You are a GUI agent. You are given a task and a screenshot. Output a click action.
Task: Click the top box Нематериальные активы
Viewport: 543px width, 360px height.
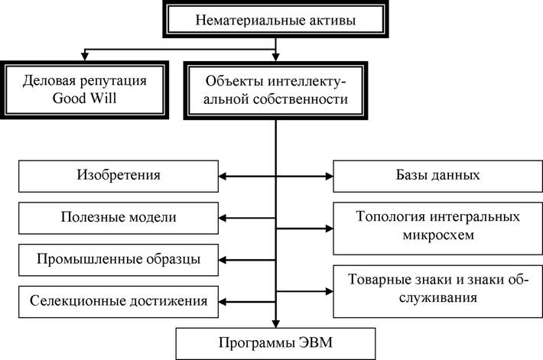click(275, 19)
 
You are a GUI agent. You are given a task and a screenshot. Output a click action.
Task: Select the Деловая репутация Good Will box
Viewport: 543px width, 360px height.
click(84, 90)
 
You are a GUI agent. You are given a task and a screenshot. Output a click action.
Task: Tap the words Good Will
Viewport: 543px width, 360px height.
click(84, 99)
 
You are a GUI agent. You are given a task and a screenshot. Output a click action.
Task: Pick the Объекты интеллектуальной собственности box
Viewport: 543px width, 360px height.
click(275, 91)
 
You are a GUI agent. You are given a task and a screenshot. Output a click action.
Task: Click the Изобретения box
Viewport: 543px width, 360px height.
click(119, 177)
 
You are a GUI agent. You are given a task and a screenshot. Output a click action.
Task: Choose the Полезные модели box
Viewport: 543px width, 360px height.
click(119, 218)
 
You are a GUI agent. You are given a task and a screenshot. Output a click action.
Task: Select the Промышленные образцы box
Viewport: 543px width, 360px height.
click(119, 260)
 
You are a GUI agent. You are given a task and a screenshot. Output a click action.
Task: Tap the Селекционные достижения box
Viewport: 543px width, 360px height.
click(119, 302)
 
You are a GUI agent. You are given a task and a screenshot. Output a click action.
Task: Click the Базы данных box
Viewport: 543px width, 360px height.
click(437, 177)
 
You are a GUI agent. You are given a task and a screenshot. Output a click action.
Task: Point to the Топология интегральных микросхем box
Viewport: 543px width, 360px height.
click(437, 229)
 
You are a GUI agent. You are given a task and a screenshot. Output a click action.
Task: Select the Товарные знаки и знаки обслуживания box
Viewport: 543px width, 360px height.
click(437, 291)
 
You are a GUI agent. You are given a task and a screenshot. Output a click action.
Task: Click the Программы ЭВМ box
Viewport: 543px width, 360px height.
click(275, 344)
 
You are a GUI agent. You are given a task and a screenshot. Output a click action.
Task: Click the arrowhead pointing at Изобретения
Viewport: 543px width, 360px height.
click(223, 177)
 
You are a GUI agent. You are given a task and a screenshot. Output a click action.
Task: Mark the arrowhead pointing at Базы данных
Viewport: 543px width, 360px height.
click(329, 177)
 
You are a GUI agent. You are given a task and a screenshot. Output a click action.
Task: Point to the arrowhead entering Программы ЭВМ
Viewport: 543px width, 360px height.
click(275, 323)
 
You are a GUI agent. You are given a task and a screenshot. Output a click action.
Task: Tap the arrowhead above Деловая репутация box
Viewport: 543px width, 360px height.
click(84, 57)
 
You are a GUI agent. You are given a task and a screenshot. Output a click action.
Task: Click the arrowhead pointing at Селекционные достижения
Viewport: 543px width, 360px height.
click(223, 302)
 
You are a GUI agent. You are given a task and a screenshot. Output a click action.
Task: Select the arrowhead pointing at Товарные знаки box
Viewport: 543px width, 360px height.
click(329, 291)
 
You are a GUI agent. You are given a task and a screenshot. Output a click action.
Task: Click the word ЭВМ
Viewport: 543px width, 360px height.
click(315, 343)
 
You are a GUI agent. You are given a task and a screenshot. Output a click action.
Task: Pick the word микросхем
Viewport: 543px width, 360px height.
click(438, 235)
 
